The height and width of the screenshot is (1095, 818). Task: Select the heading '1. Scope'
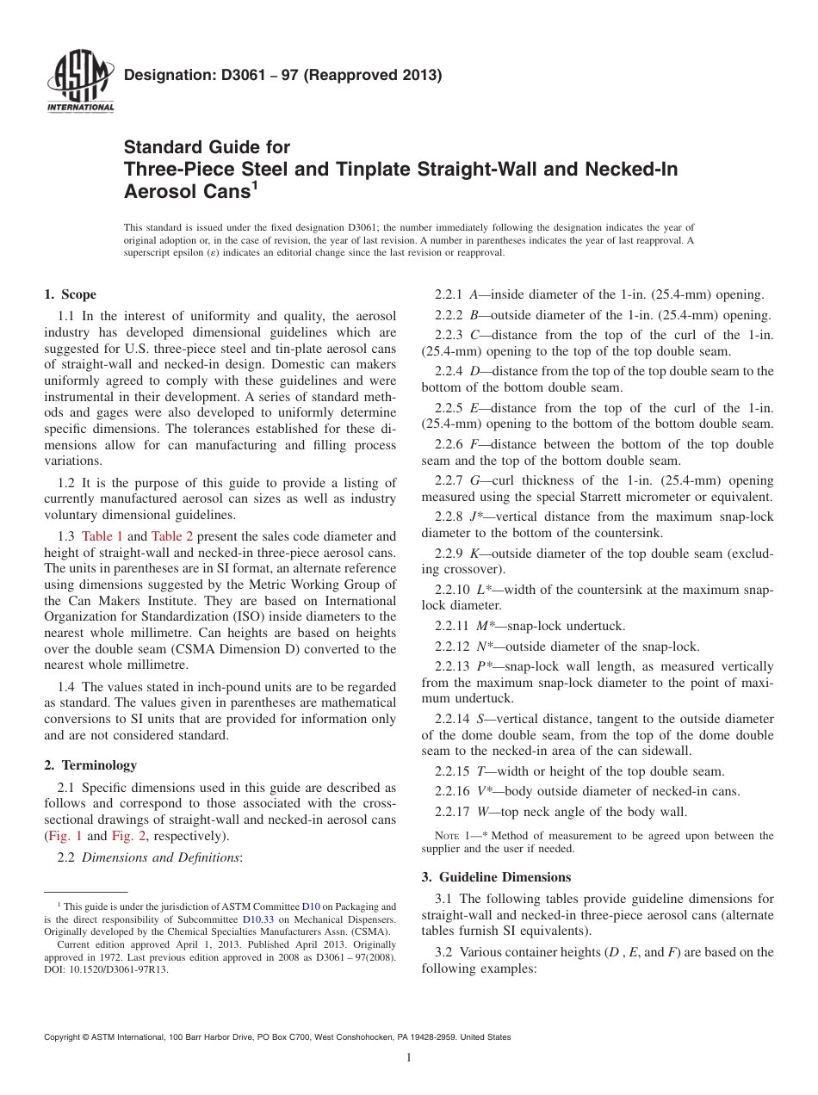click(70, 294)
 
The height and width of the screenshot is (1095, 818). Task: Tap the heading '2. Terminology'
click(90, 765)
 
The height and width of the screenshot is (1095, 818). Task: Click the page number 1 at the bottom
click(408, 1058)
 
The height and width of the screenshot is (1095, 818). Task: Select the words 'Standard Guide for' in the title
click(208, 147)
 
